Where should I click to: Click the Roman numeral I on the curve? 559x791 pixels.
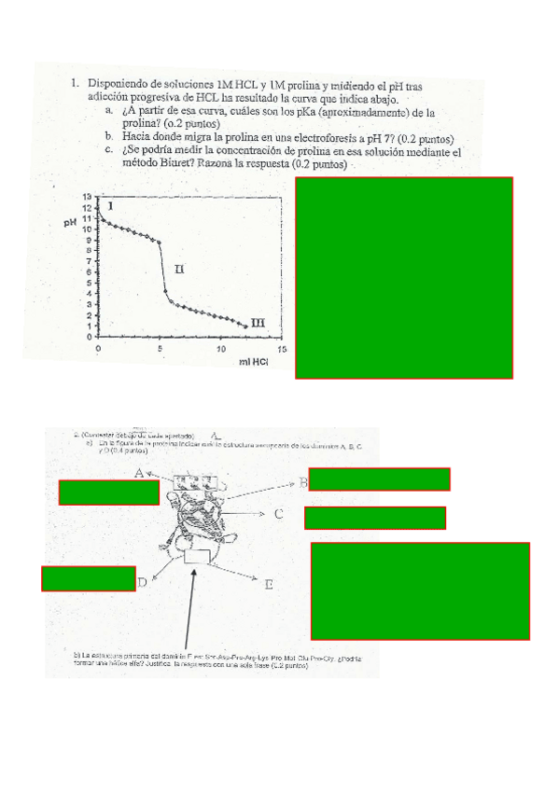tap(111, 205)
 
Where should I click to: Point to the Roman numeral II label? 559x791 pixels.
tap(179, 269)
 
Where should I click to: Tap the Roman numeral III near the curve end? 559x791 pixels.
tap(259, 323)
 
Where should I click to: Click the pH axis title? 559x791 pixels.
tap(71, 222)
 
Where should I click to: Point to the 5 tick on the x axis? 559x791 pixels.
tap(160, 349)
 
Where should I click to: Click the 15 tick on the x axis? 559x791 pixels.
tap(281, 349)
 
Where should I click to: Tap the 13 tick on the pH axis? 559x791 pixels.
tap(87, 197)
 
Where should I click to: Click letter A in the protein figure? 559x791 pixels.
tap(138, 474)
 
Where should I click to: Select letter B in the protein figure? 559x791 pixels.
tap(302, 482)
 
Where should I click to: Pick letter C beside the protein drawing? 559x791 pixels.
tap(278, 514)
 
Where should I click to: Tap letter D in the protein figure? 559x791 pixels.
tap(142, 584)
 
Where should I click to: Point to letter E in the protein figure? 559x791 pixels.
tap(268, 586)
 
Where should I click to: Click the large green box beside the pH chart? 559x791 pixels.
tap(404, 278)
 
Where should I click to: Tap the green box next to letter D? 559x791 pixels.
tap(89, 578)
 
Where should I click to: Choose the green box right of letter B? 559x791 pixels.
tap(379, 479)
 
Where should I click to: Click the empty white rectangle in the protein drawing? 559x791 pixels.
tap(198, 556)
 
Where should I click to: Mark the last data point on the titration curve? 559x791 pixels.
tap(245, 326)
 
